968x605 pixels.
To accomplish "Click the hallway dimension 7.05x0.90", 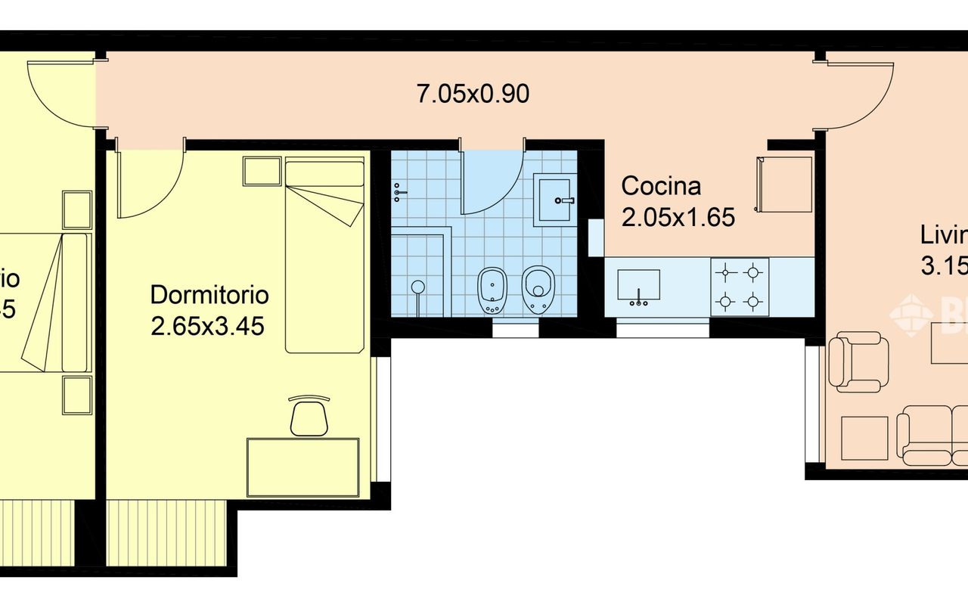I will point(473,94).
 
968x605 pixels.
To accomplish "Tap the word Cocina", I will point(661,186).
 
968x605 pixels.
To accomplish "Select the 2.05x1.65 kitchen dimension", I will point(678,218).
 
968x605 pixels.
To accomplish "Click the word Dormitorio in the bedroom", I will point(209,294).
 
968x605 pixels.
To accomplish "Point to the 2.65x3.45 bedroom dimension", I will point(207,327).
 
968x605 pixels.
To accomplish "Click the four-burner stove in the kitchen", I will point(739,287).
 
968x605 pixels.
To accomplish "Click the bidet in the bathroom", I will point(493,290).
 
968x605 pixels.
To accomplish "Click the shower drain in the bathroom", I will point(417,287).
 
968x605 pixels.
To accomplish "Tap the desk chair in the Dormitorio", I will point(309,416).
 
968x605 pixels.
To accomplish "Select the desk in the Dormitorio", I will point(302,467).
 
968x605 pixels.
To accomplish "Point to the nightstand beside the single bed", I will point(262,171).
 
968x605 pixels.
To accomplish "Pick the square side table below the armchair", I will point(864,438).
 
